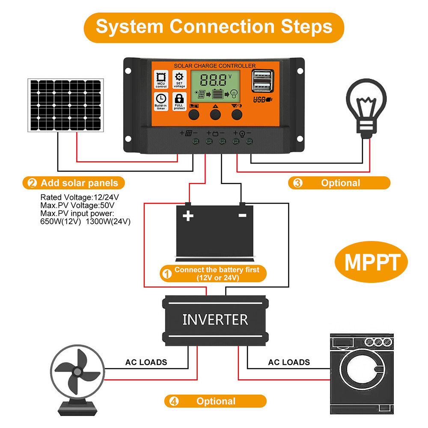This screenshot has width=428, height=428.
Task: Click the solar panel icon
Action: [x=65, y=105]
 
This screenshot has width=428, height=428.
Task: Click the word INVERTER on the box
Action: [x=215, y=319]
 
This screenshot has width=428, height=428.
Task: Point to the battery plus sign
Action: [x=188, y=215]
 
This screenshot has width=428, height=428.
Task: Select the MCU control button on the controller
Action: [x=161, y=80]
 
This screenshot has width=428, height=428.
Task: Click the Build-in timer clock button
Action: [x=161, y=101]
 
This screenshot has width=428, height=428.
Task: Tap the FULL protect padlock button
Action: [x=179, y=101]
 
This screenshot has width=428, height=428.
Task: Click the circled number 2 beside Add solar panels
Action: [x=32, y=183]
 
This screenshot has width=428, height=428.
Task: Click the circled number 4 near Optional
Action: [x=173, y=401]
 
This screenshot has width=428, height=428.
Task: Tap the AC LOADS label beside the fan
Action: [x=146, y=362]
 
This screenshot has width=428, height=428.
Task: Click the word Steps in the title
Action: [x=306, y=27]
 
